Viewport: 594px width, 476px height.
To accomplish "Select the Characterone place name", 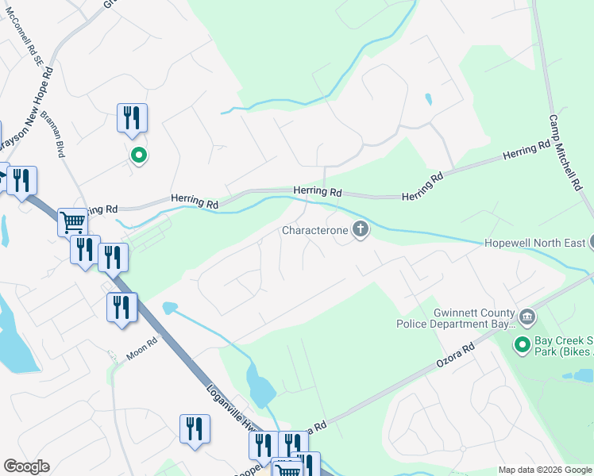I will point(315,231).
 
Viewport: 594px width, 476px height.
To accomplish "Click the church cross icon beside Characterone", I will point(361,231).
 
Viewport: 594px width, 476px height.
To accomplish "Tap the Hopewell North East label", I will point(534,243).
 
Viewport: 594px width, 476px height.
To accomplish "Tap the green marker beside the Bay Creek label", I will point(522,344).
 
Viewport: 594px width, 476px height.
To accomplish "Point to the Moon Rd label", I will point(142,347).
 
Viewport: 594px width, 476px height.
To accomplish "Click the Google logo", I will point(25,466).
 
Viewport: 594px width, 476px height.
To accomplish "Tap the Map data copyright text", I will point(545,470).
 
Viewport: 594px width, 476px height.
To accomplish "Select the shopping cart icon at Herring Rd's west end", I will point(72,221).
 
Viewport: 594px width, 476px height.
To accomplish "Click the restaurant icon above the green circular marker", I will point(132,117).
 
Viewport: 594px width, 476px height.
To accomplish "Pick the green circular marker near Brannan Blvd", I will point(138,155).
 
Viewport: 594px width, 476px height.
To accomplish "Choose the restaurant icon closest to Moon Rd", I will point(121,306).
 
